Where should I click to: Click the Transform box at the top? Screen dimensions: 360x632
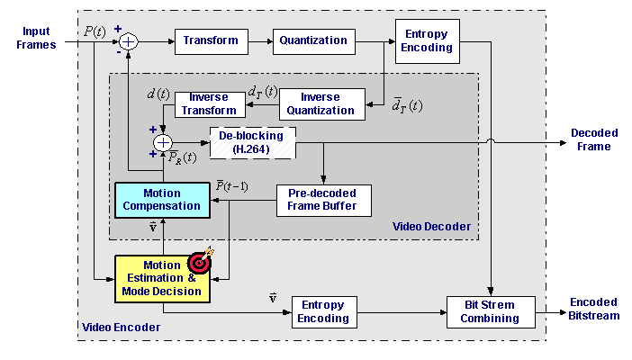point(211,40)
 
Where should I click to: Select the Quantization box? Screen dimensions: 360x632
point(313,40)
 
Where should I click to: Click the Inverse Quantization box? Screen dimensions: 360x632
point(321,103)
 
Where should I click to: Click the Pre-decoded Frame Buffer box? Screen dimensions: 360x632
point(322,200)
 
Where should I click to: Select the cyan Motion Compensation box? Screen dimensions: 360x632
point(162,200)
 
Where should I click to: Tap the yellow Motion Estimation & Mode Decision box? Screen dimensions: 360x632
point(162,278)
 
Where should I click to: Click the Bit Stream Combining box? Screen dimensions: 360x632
point(491,311)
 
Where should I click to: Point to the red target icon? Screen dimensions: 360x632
point(199,262)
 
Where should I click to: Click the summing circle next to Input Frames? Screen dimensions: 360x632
point(129,40)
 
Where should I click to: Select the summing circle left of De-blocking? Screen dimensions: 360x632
point(163,141)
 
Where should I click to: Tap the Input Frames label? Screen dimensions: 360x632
point(36,38)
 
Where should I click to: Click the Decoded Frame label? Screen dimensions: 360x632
point(592,139)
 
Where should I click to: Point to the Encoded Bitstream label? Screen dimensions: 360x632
point(593,309)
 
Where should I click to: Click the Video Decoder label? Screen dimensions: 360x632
point(431,227)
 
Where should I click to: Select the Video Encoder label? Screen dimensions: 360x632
point(121,327)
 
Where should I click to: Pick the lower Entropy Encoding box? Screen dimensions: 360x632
point(323,311)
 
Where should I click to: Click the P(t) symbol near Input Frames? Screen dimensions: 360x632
point(95,31)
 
